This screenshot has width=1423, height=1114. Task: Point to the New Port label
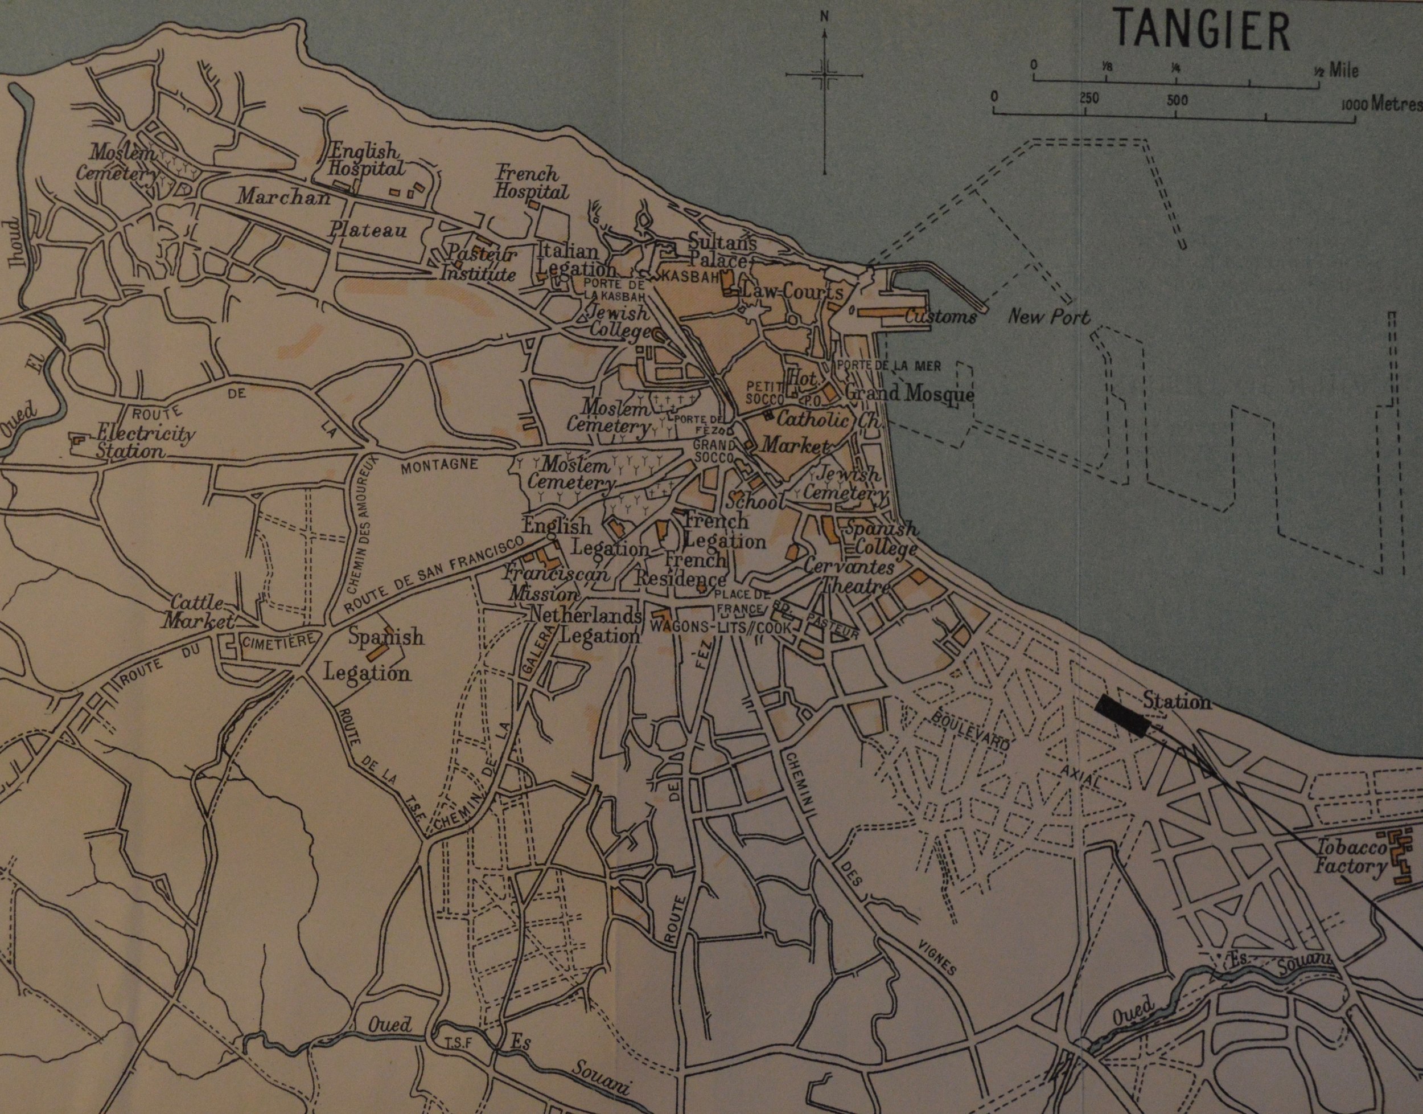(1049, 318)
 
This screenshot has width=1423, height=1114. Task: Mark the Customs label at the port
(940, 317)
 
